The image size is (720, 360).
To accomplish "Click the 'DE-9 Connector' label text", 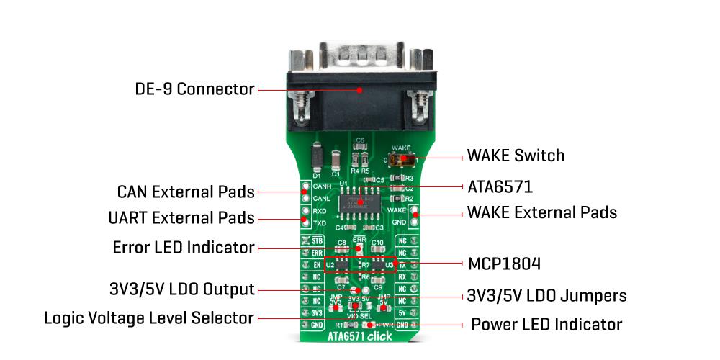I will (194, 89).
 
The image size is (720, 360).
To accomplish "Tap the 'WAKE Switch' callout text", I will (516, 156).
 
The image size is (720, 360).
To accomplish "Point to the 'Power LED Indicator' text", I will (546, 324).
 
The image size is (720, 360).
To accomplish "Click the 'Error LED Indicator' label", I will (184, 248).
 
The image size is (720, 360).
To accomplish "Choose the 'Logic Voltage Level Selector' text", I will (149, 318).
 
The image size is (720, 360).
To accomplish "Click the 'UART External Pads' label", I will (181, 217).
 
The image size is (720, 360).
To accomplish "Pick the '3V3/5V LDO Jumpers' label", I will (546, 295).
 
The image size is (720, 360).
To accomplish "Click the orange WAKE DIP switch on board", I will (404, 160).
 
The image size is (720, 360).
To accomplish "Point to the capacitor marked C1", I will (336, 160).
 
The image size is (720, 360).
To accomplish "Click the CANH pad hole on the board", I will (305, 186).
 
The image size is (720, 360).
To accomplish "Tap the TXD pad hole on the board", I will (305, 223).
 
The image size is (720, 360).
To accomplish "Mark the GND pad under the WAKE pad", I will (415, 223).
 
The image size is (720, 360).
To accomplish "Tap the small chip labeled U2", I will (342, 266).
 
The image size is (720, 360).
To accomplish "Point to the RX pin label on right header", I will (402, 276).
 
